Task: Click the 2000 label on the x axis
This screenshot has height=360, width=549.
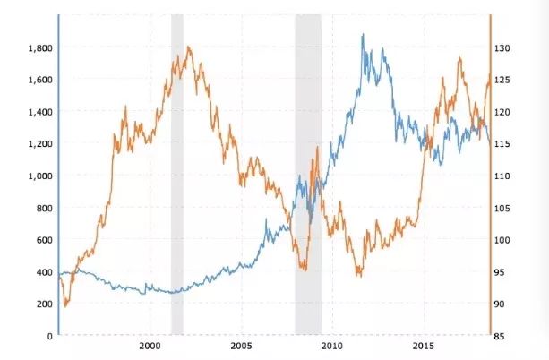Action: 150,346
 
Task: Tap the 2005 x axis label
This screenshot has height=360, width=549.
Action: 241,346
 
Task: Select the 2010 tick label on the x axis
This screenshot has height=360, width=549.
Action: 332,346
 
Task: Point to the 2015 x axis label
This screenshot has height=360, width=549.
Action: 424,346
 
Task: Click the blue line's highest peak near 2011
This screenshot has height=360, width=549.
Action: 362,35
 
